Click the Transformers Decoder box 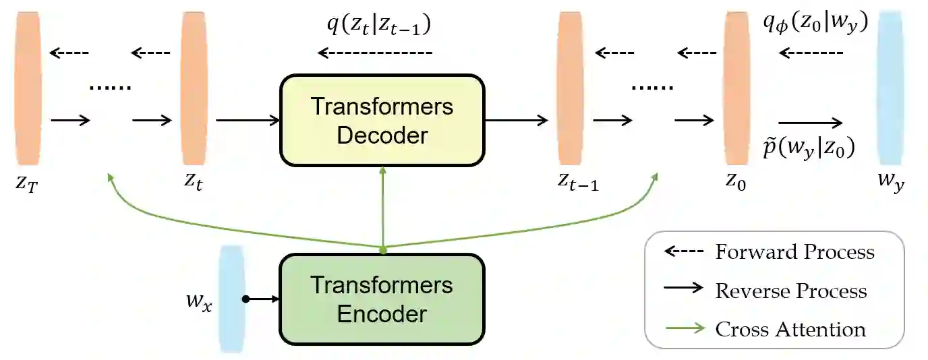tap(382, 121)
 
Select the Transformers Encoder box tap(382, 299)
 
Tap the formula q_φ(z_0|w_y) tap(814, 24)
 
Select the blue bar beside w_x tap(231, 299)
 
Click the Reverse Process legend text tap(790, 291)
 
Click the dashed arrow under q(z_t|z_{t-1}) tap(376, 52)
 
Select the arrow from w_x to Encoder tap(262, 299)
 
